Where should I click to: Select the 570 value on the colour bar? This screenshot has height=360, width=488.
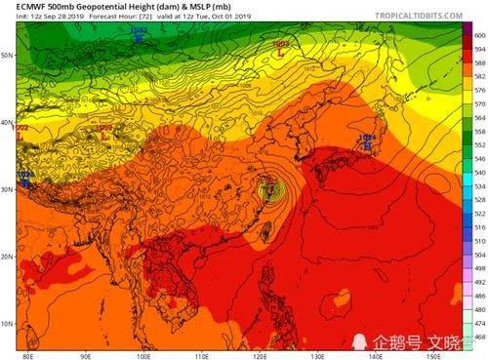[479, 96]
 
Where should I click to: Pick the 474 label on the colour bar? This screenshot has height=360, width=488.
[479, 323]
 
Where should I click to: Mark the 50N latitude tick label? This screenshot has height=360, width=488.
[7, 56]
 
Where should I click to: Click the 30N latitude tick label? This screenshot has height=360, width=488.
[7, 190]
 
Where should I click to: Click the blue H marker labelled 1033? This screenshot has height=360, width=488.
[139, 34]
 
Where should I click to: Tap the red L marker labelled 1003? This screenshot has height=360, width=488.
[281, 47]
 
